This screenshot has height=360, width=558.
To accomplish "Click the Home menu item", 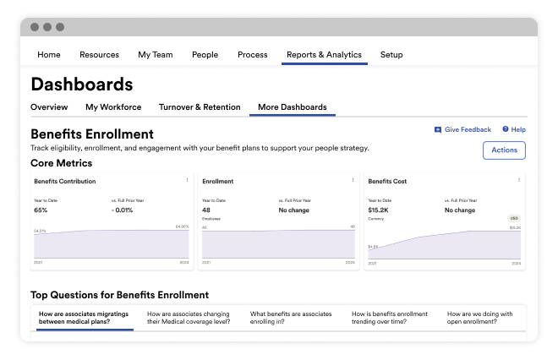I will pos(49,55).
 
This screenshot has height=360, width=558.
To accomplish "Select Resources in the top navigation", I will pos(99,55).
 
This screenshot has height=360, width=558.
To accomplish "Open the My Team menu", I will pos(156,55).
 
